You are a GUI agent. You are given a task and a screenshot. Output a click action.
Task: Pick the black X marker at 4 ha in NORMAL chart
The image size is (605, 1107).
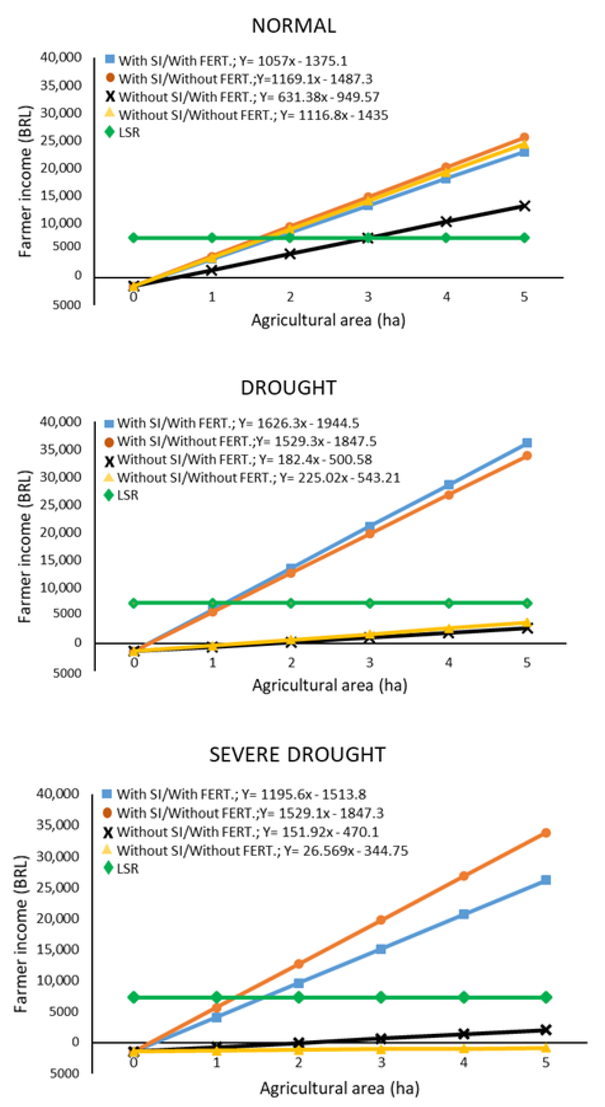tap(446, 222)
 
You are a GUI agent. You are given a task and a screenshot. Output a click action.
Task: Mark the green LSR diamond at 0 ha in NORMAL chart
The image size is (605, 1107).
tap(133, 238)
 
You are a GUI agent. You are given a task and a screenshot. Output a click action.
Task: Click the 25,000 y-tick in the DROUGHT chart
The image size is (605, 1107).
tap(60, 505)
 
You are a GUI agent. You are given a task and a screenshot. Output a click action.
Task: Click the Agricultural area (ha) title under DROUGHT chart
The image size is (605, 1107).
tap(329, 684)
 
